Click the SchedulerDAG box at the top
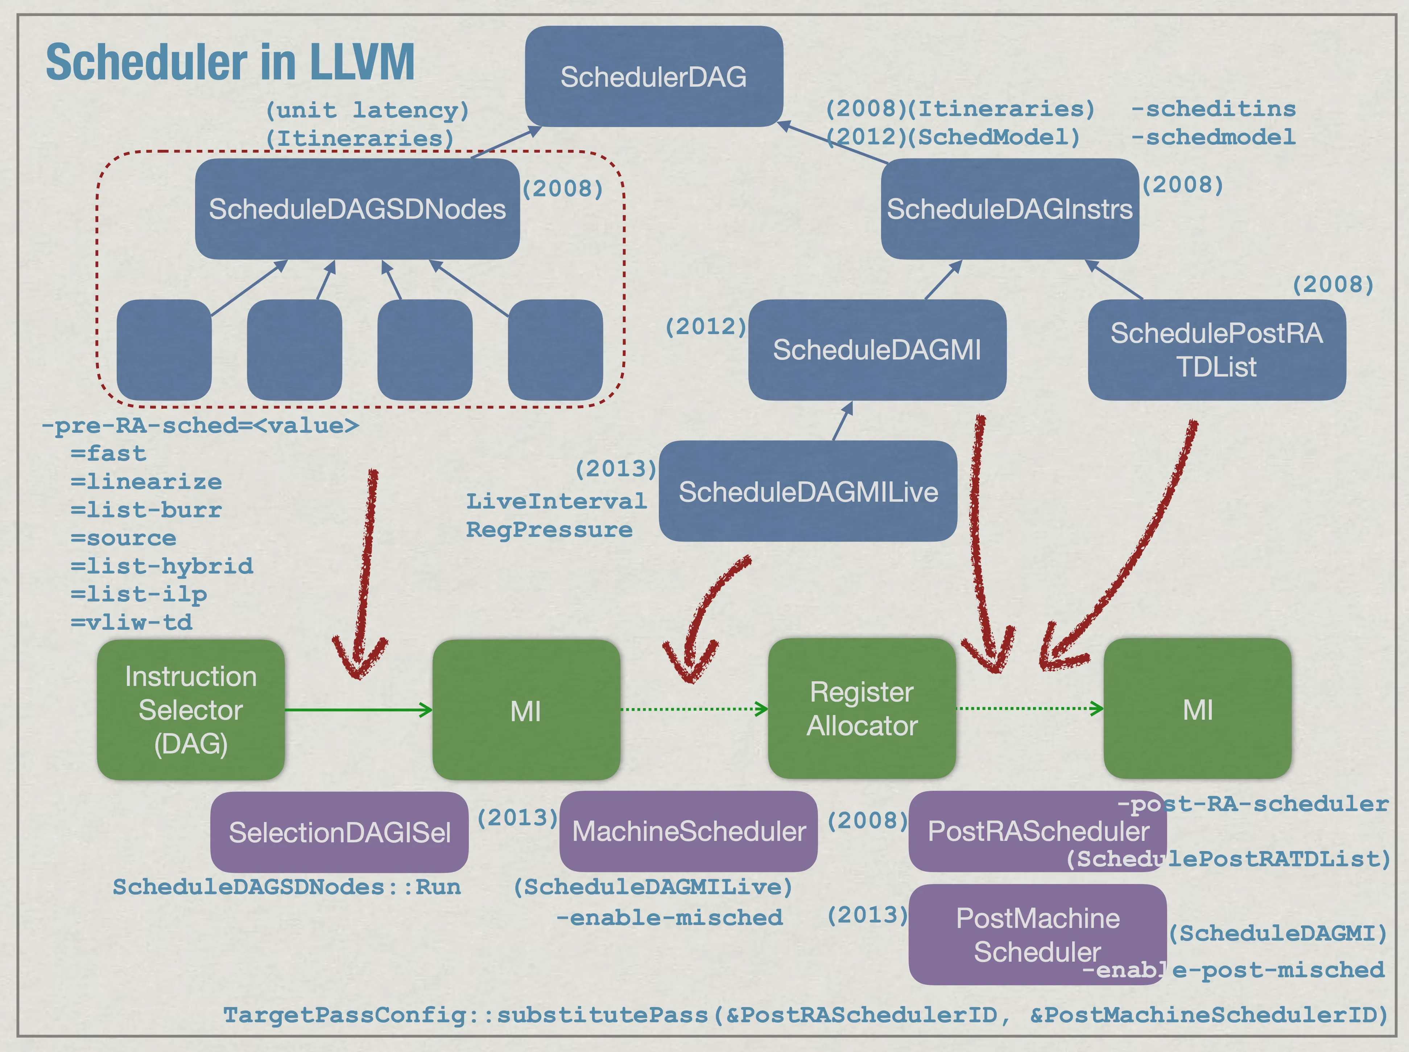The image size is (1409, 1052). [654, 77]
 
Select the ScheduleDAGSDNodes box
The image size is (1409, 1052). [357, 209]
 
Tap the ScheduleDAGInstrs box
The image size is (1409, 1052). [1009, 209]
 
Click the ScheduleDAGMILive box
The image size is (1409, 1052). [807, 492]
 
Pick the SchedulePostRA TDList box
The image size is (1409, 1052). [1216, 350]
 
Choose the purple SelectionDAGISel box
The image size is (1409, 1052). [339, 832]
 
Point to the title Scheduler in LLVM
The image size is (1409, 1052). [230, 62]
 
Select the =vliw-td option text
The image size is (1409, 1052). [131, 622]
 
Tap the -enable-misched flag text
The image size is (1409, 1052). [669, 918]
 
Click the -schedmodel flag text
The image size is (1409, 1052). [1213, 137]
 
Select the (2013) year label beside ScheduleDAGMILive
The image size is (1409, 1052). [615, 469]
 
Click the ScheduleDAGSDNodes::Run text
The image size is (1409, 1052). [286, 887]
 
